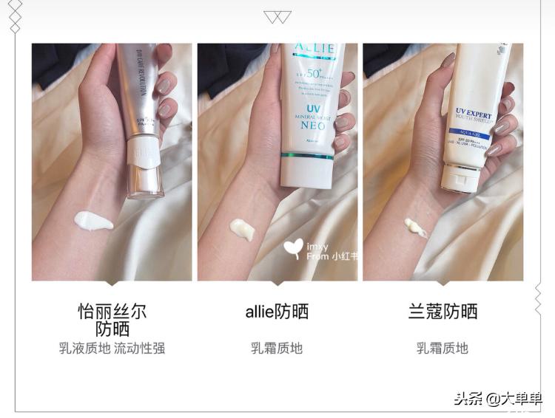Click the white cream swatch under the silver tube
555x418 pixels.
93,220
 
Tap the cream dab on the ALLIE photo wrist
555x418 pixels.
242,229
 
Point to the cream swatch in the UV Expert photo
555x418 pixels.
415,227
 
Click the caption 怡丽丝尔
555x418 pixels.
112,311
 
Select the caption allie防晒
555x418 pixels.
277,312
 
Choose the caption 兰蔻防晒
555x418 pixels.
443,312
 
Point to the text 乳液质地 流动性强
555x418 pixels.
112,348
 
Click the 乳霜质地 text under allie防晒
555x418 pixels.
277,348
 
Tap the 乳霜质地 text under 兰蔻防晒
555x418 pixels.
443,348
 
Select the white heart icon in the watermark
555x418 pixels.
294,246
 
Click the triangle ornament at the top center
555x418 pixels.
277,16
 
